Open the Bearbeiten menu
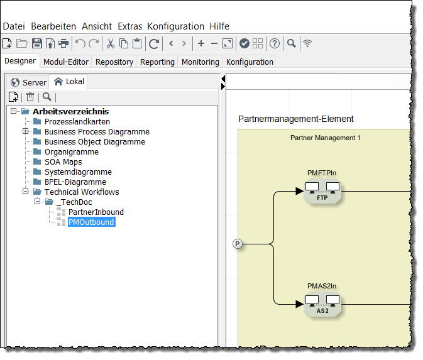click(53, 26)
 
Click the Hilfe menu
click(219, 26)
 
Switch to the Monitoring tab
click(200, 62)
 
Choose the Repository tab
click(114, 62)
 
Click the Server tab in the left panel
click(28, 82)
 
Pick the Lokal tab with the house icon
click(69, 82)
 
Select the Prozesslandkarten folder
click(77, 122)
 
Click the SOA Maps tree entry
click(63, 162)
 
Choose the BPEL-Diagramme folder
click(75, 182)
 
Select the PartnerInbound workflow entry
click(96, 212)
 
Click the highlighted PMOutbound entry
click(91, 222)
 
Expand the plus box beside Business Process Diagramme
click(26, 132)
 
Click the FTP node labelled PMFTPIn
click(322, 191)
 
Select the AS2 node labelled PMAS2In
click(322, 304)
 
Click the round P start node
click(238, 244)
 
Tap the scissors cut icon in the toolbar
click(110, 43)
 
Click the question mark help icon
click(275, 43)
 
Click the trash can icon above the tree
click(30, 97)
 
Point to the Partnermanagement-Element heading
click(295, 119)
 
